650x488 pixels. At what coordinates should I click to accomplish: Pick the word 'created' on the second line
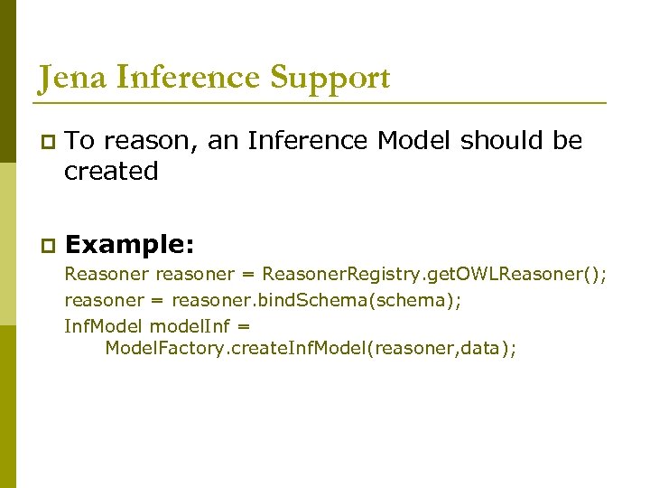click(x=111, y=171)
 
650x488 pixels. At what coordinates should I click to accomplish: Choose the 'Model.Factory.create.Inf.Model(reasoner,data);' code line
click(x=311, y=349)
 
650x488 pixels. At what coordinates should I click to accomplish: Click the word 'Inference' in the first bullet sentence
click(x=307, y=141)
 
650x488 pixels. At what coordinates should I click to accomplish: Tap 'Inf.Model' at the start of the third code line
click(x=104, y=325)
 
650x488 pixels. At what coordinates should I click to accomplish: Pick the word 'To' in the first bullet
click(x=80, y=141)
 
